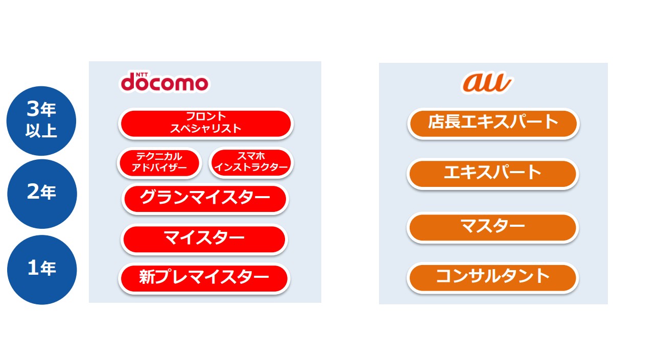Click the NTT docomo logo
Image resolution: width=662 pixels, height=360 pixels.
(164, 82)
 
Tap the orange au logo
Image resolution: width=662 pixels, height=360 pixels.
(487, 82)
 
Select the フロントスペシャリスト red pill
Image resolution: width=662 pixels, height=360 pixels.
(206, 124)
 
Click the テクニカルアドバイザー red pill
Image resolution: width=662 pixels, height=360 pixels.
(159, 163)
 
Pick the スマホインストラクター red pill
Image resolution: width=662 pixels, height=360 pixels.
(251, 162)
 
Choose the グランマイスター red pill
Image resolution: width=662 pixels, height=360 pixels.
(205, 199)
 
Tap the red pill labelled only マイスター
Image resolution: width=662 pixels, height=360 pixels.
(204, 239)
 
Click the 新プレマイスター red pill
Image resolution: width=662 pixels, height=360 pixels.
(204, 278)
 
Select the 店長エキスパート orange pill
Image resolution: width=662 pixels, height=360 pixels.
(493, 124)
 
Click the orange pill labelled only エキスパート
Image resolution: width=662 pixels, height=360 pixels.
(492, 174)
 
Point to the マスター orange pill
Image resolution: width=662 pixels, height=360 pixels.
(492, 227)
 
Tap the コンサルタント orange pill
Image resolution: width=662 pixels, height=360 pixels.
(492, 278)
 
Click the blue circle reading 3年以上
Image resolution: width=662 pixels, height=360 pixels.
(41, 121)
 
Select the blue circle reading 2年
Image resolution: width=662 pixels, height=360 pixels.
(42, 194)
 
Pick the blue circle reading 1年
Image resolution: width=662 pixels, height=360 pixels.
(42, 270)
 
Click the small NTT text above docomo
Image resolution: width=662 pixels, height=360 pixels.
(142, 74)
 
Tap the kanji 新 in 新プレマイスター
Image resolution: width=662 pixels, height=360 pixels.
(147, 277)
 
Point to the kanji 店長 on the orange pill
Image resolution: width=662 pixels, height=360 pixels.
(444, 122)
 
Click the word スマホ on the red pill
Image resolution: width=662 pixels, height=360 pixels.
(251, 156)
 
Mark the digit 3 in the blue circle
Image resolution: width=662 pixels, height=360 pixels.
(33, 108)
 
